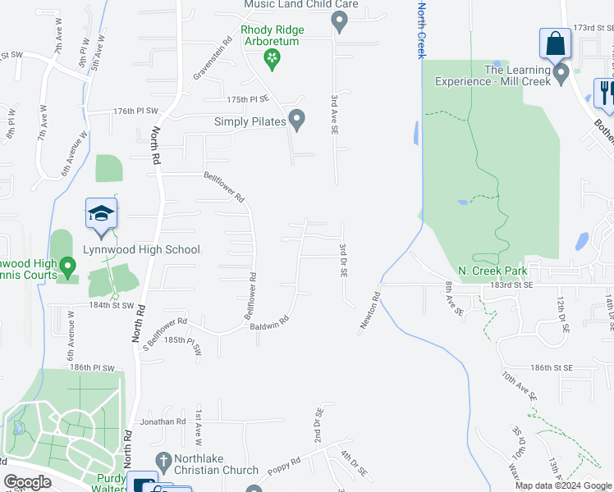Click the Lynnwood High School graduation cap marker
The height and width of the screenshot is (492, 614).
pyautogui.click(x=102, y=215)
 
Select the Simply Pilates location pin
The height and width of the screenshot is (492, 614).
pyautogui.click(x=297, y=121)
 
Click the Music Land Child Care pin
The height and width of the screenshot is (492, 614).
pyautogui.click(x=338, y=20)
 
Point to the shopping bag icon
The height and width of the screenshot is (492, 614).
pyautogui.click(x=555, y=43)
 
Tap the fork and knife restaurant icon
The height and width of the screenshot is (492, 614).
pyautogui.click(x=606, y=91)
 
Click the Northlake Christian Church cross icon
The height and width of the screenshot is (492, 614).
pyautogui.click(x=163, y=462)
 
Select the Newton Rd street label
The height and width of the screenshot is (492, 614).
pyautogui.click(x=369, y=312)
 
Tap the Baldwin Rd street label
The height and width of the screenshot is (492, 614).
pyautogui.click(x=271, y=322)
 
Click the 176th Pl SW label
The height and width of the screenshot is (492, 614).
pyautogui.click(x=135, y=111)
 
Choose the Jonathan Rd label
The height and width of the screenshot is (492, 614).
pyautogui.click(x=163, y=421)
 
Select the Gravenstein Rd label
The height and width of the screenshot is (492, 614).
pyautogui.click(x=213, y=57)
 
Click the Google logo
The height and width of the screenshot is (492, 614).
pyautogui.click(x=27, y=482)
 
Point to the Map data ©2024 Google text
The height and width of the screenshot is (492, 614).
pyautogui.click(x=563, y=485)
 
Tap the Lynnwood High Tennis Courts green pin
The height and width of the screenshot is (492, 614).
pyautogui.click(x=69, y=266)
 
